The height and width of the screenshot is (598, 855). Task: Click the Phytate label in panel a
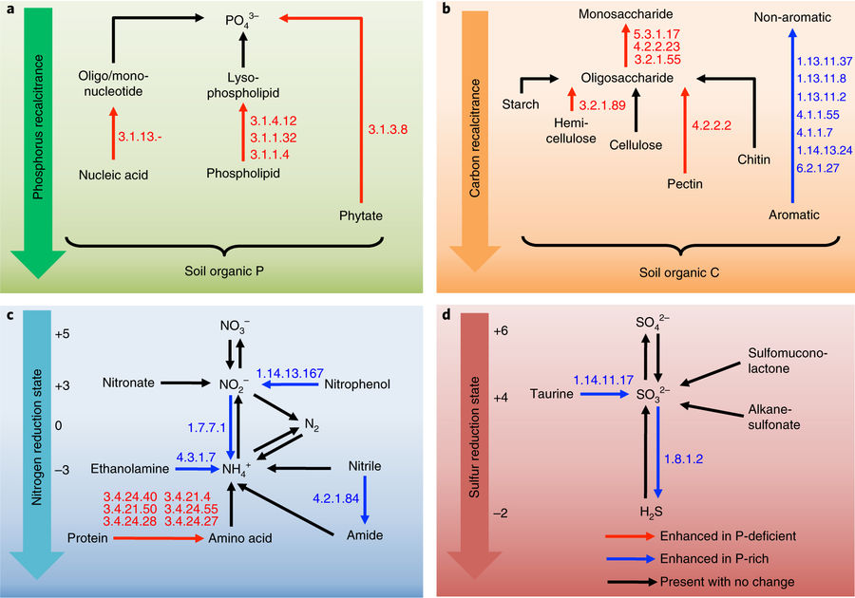pyautogui.click(x=360, y=215)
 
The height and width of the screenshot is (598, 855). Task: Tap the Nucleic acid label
pyautogui.click(x=114, y=175)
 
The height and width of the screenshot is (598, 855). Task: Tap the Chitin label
pyautogui.click(x=753, y=159)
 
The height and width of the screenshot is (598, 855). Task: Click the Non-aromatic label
pyautogui.click(x=791, y=17)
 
